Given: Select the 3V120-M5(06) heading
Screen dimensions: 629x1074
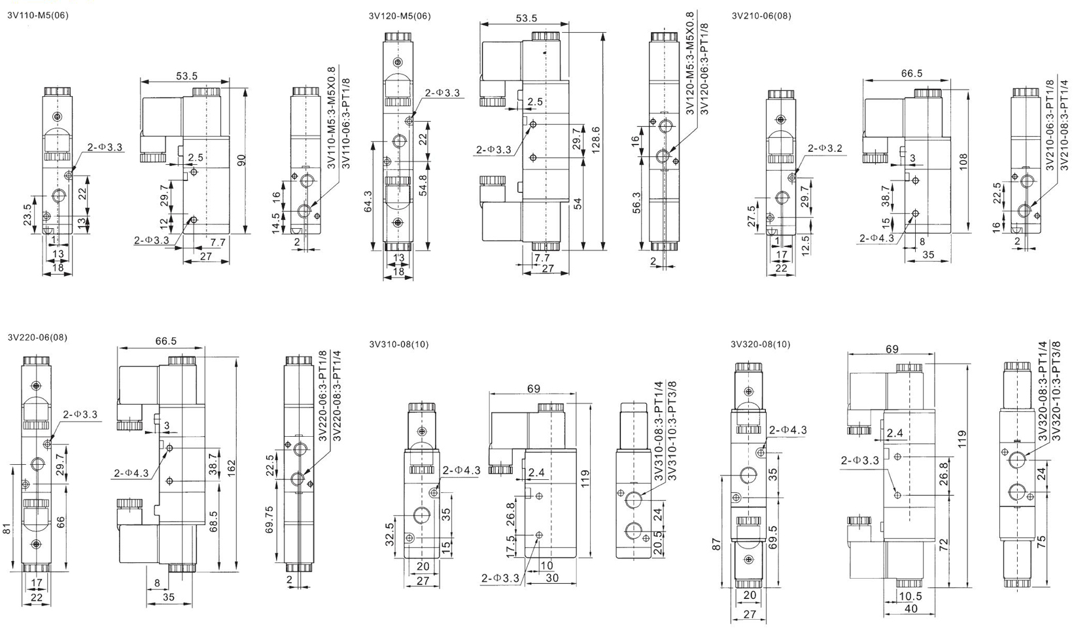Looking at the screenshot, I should (x=400, y=16).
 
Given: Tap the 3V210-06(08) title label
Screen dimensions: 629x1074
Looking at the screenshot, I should (x=761, y=16).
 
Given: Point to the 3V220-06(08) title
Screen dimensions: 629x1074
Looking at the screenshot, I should (x=37, y=337).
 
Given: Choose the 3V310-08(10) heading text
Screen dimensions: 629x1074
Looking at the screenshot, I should (x=399, y=344).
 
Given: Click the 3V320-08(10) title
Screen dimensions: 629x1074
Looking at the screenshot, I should (x=760, y=344).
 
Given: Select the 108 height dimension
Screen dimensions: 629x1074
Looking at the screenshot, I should (x=961, y=161).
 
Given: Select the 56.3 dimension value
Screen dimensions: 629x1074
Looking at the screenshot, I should (x=637, y=203).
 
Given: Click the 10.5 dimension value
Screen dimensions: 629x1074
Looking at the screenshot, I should (x=910, y=596).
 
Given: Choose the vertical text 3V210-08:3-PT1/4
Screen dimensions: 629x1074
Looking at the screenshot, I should (x=1063, y=124).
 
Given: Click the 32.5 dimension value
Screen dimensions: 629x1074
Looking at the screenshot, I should (x=390, y=534).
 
